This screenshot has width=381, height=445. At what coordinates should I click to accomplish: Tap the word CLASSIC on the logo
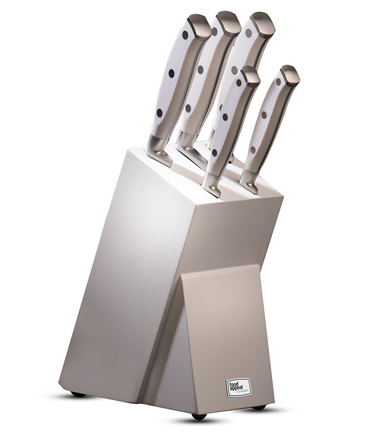point(243,391)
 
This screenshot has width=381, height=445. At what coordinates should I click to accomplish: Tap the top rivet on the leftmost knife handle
point(186,35)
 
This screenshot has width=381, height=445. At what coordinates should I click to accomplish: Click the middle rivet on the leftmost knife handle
point(172,73)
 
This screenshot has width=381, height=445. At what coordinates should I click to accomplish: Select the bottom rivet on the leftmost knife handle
point(160,113)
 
